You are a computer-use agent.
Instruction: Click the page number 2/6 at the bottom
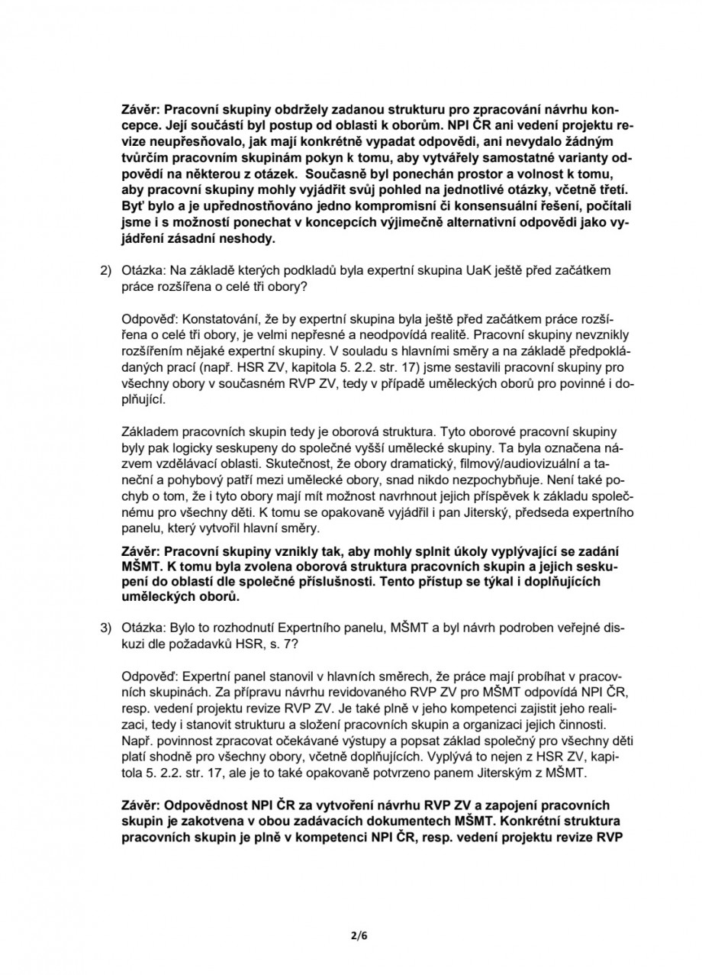351,934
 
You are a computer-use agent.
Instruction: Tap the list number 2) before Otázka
107,271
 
